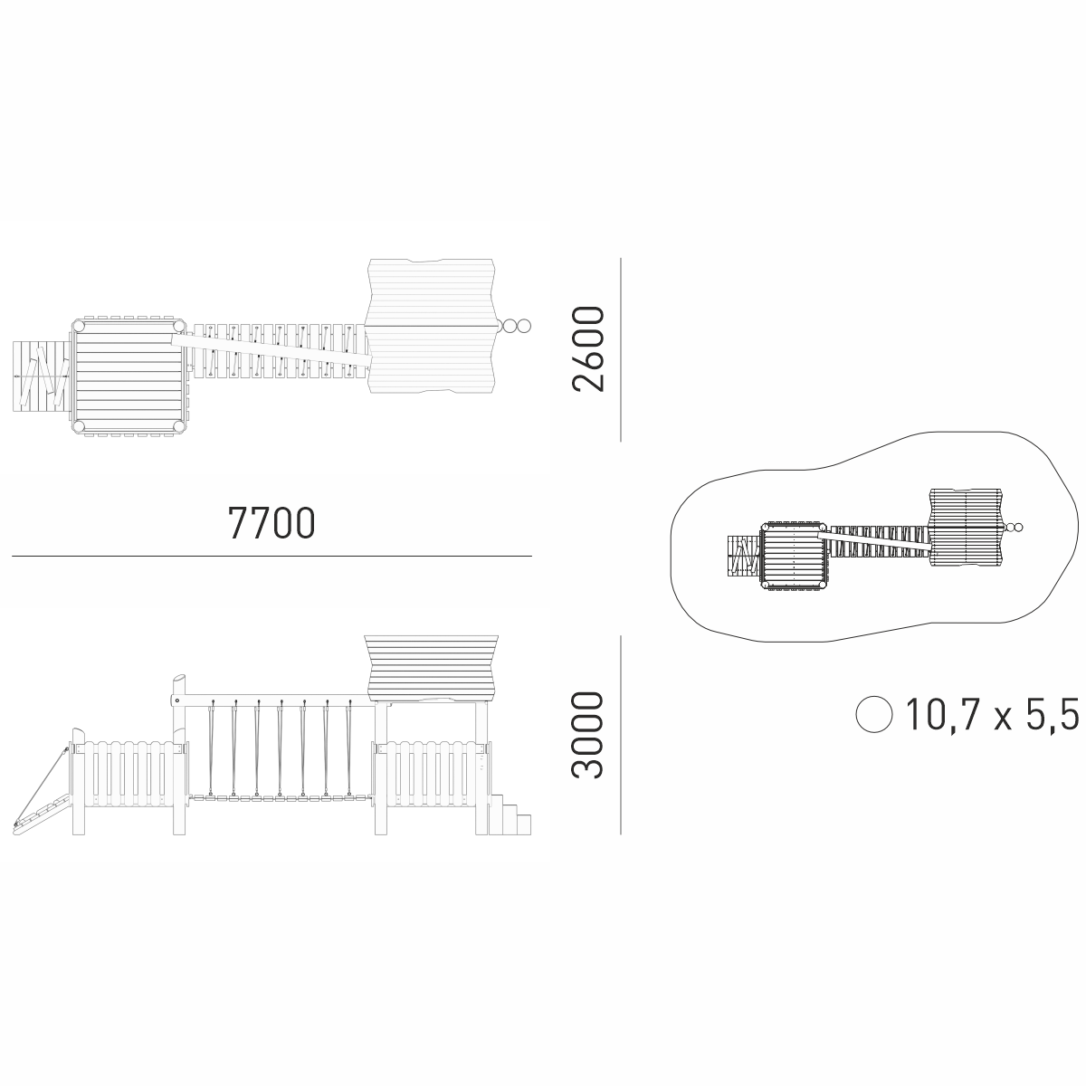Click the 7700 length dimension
tap(271, 523)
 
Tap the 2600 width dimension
tap(588, 348)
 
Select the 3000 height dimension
tap(588, 735)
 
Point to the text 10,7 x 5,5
tap(992, 714)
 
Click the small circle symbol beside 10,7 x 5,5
tap(873, 714)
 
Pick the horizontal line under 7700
tap(271, 557)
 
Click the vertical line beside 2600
tap(621, 349)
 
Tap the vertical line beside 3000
tap(621, 735)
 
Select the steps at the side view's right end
tap(510, 814)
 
